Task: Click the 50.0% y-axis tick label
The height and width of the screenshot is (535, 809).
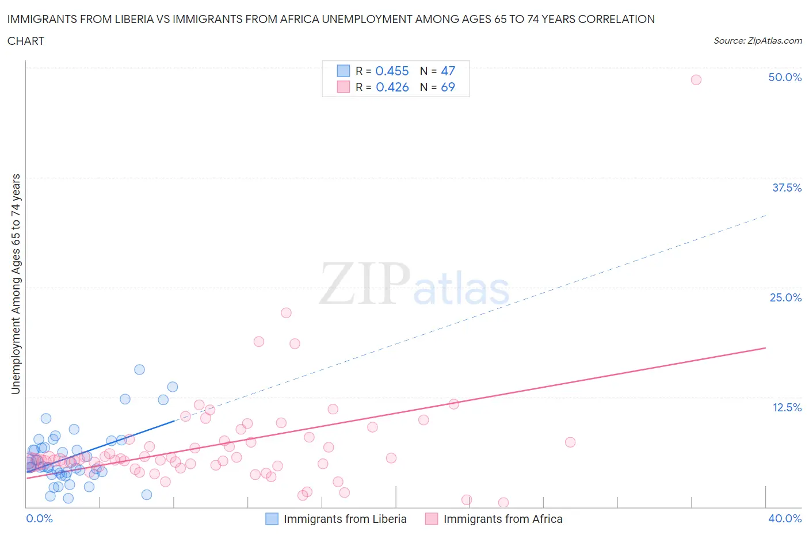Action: tap(785, 77)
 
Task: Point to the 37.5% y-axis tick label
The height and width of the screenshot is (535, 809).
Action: tap(787, 188)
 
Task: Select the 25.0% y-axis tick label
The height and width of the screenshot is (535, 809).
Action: tap(785, 297)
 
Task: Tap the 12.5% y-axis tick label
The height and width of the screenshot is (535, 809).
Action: tap(787, 407)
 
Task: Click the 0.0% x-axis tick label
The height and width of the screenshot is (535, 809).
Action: tap(39, 518)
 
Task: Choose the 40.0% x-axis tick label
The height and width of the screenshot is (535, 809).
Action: tap(785, 518)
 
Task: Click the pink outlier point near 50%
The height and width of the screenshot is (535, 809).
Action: tap(696, 80)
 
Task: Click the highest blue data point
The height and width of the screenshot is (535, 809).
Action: tap(139, 369)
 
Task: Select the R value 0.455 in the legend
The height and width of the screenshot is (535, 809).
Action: tap(392, 71)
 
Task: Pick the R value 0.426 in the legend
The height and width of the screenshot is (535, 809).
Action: tap(392, 87)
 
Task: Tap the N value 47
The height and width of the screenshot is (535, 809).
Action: tap(448, 71)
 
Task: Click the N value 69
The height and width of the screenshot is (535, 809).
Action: tap(448, 87)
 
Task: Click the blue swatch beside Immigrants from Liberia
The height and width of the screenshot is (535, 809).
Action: tap(272, 519)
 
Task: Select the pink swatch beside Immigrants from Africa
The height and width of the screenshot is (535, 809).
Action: tap(432, 519)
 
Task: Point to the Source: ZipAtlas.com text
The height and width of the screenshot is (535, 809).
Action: tap(757, 41)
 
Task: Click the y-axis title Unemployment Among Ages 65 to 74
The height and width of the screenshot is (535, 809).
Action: tap(16, 284)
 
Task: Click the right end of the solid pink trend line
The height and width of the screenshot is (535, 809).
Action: tap(765, 348)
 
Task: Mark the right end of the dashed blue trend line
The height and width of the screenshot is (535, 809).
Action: tap(766, 215)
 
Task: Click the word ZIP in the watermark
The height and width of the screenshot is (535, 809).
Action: tap(364, 284)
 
